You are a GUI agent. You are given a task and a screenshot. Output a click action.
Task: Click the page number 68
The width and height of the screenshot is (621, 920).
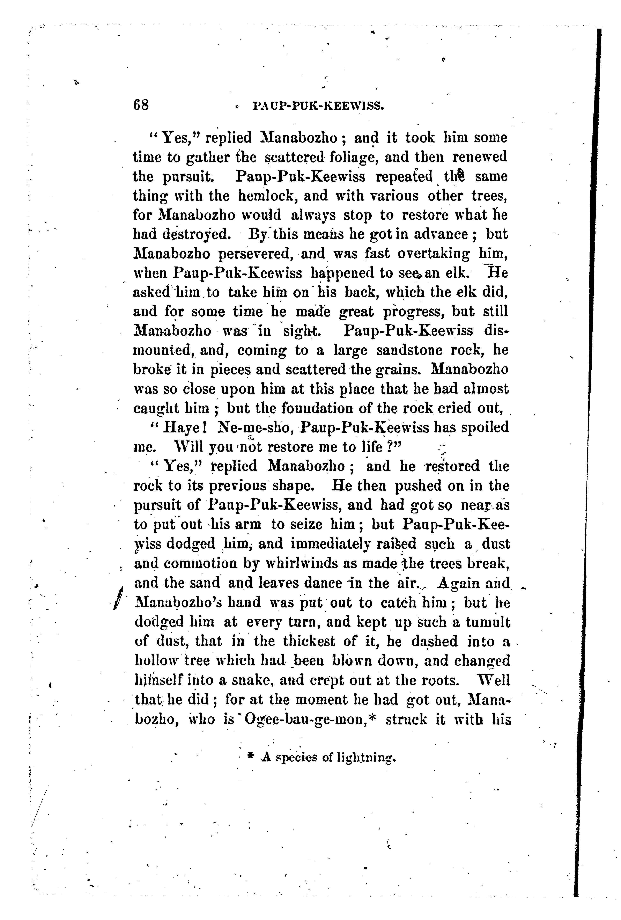pos(141,105)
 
